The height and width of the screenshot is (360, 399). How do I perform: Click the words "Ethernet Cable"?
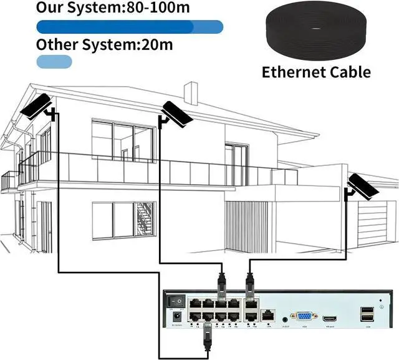pyautogui.click(x=316, y=72)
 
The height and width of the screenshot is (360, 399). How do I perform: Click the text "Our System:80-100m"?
pyautogui.click(x=113, y=7)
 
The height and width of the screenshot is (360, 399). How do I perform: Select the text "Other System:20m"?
pyautogui.click(x=104, y=44)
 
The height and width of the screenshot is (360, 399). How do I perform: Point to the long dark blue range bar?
pyautogui.click(x=130, y=26)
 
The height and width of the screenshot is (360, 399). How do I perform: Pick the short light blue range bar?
pyautogui.click(x=54, y=61)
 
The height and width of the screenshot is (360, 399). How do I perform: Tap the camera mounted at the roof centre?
pyautogui.click(x=177, y=113)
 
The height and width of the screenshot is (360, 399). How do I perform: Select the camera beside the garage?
pyautogui.click(x=362, y=186)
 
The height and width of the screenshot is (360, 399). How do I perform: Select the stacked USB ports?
pyautogui.click(x=366, y=315)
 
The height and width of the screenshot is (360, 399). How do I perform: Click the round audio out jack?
pyautogui.click(x=286, y=318)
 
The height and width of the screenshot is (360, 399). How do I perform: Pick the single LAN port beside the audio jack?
pyautogui.click(x=268, y=316)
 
